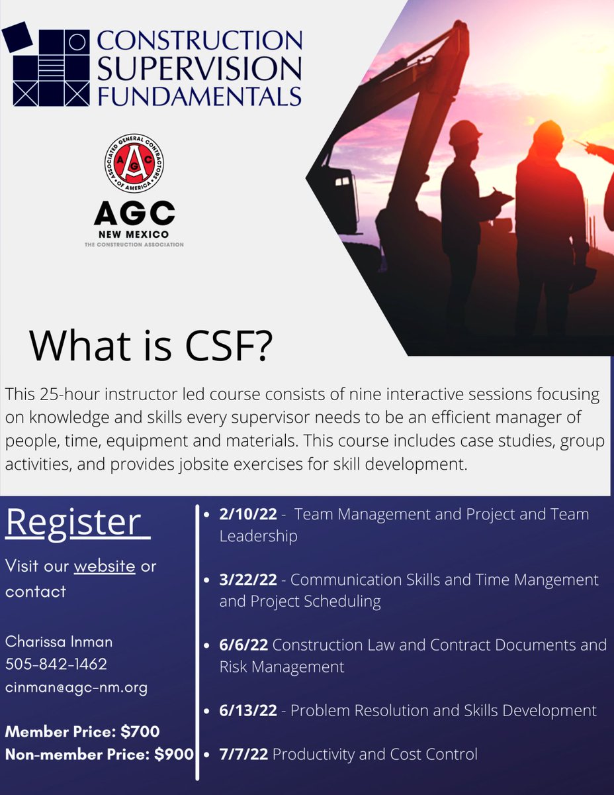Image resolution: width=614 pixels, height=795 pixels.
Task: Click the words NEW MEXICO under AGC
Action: coord(134,235)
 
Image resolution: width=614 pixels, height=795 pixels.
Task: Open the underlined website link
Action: coord(104,567)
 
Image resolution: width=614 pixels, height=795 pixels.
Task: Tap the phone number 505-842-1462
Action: coord(56,664)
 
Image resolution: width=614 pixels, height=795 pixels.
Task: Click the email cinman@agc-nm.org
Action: coord(76,688)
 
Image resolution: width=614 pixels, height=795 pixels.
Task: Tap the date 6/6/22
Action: coord(243,645)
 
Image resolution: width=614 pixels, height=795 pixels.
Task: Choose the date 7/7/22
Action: coord(243,753)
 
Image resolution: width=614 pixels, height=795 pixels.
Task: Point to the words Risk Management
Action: coord(282,666)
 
